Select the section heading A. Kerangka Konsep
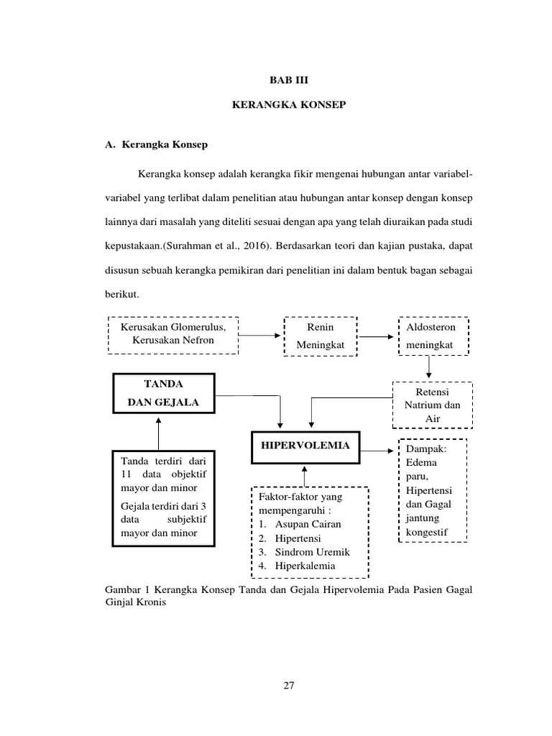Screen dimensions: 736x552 click(156, 144)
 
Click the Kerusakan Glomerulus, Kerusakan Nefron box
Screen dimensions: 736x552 click(173, 334)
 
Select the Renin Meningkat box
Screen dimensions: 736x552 click(321, 336)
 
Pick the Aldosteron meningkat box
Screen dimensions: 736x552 click(432, 336)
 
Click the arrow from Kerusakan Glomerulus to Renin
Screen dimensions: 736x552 click(262, 335)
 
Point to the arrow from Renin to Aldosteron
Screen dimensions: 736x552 click(377, 335)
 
